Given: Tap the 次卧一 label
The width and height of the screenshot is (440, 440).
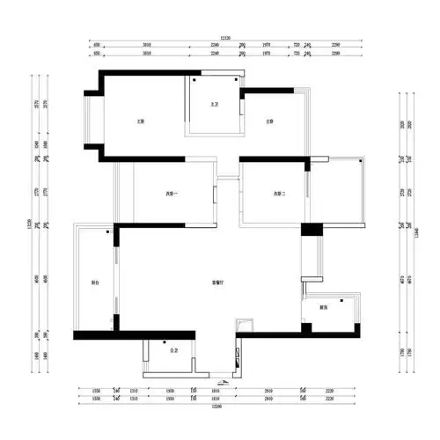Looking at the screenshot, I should coord(172,194).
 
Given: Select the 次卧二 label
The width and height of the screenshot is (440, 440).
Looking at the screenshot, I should coord(280,194).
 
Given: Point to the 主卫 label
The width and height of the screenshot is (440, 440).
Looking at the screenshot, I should coord(213,104).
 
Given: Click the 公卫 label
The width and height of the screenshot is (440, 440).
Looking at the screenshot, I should coord(172,350).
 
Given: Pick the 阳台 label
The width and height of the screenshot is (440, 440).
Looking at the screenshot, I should coord(95,283).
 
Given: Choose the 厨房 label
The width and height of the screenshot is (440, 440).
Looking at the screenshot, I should coord(324,308).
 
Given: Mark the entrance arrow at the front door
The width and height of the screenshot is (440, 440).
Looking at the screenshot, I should coord(223,382).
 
